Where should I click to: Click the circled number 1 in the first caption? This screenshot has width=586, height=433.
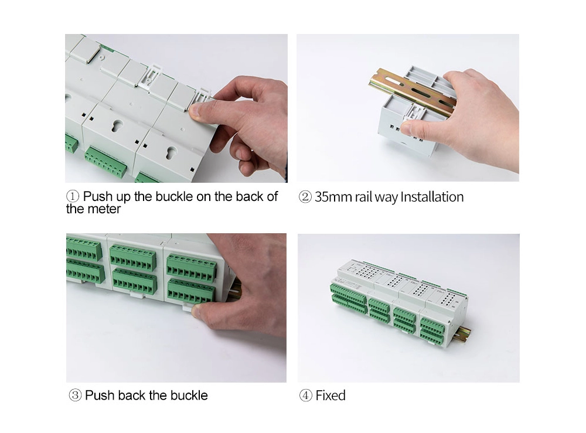(x=73, y=196)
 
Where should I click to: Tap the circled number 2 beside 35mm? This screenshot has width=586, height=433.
(x=305, y=197)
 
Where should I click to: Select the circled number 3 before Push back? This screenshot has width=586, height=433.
(x=75, y=396)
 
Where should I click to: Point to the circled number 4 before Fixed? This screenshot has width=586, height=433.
(x=306, y=396)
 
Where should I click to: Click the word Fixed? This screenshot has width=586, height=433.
(x=331, y=396)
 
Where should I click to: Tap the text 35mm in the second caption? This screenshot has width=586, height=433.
(x=333, y=197)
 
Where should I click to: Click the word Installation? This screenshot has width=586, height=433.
(x=432, y=197)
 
